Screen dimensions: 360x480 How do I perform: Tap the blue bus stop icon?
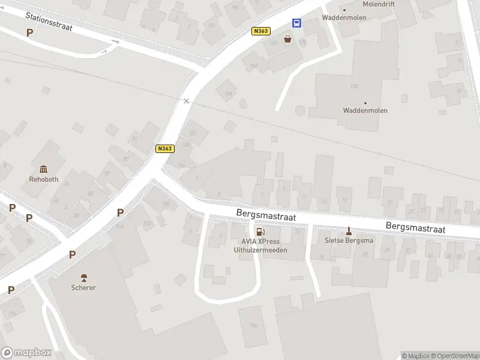coord(297,23)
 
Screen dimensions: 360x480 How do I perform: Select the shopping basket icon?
coord(288,39)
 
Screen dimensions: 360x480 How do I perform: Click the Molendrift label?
coord(379,4)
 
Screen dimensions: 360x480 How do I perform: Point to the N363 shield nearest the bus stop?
coord(261,31)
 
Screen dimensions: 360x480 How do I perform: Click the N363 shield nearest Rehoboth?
coord(164,149)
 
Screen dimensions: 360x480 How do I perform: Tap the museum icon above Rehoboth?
coord(43,169)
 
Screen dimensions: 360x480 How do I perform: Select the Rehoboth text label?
coord(43,179)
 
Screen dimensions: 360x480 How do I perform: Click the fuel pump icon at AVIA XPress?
coord(260,232)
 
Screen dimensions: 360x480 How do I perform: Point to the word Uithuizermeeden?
coord(260,250)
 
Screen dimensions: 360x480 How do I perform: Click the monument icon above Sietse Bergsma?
coord(349,230)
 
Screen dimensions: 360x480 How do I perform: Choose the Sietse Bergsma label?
coord(349,241)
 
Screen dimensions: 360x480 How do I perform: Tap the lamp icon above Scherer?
coord(83,277)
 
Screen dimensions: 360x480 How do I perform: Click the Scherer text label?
coord(83,287)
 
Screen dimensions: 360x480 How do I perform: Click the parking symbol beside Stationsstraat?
coord(29,33)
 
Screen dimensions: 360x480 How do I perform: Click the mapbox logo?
coord(26,352)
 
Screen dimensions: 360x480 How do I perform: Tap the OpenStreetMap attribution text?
coord(455,356)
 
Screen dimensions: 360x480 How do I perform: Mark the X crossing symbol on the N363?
coord(186,101)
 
